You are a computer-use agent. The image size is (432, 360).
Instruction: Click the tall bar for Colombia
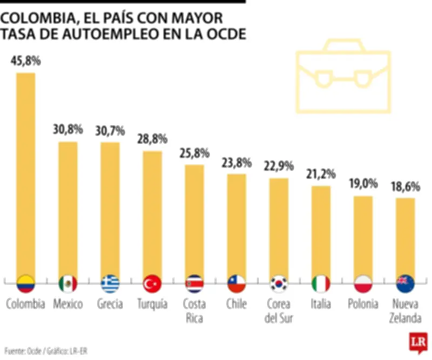(x=25, y=173)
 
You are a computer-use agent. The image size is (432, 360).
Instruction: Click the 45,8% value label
(x=25, y=61)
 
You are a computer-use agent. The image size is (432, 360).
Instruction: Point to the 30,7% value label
(x=110, y=130)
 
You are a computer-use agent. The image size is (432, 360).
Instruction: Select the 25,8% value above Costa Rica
(x=194, y=153)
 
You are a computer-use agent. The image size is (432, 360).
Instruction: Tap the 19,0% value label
(x=363, y=184)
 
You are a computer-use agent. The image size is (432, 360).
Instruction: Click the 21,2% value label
(x=321, y=174)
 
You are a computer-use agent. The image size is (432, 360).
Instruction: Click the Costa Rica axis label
(x=194, y=311)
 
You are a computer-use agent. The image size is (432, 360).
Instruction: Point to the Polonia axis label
(x=363, y=304)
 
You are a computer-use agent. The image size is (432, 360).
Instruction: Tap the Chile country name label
(x=237, y=304)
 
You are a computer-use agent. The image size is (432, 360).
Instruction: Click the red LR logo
(x=416, y=342)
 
